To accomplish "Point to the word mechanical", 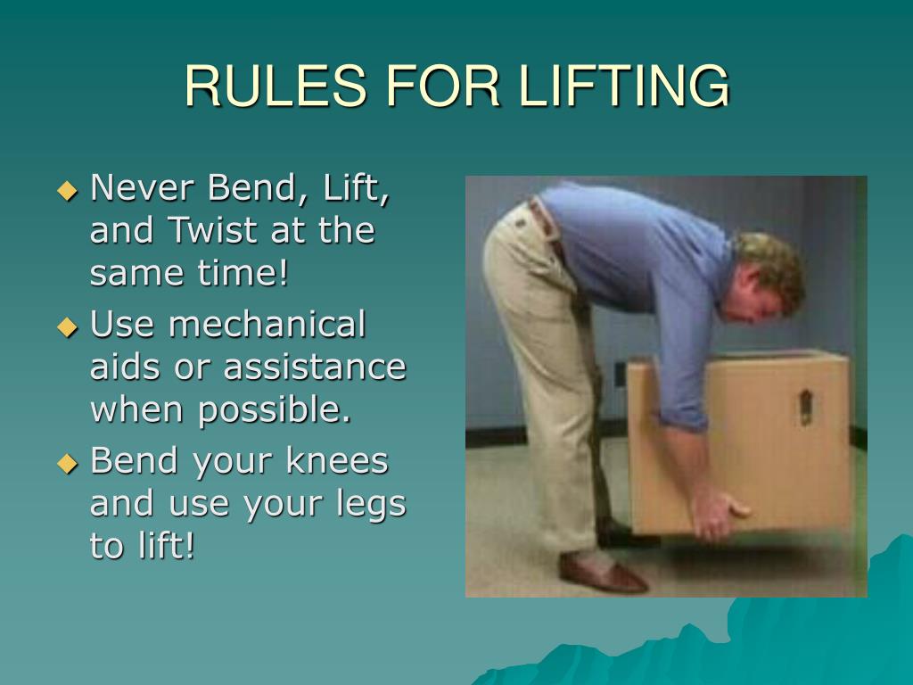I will (x=267, y=325).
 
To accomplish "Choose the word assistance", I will (x=315, y=367).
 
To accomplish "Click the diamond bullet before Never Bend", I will (x=68, y=189).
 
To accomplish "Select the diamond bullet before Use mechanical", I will (x=68, y=326).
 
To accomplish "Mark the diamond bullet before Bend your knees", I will (x=68, y=462).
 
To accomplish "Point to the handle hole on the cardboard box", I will (x=805, y=406).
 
